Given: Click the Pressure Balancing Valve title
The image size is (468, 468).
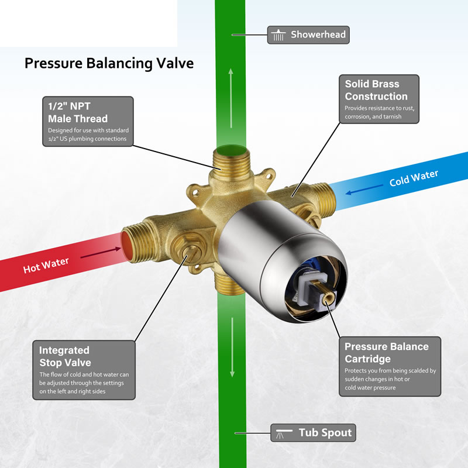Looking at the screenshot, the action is [x=109, y=64].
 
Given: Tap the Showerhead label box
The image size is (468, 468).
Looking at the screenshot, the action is [x=308, y=35].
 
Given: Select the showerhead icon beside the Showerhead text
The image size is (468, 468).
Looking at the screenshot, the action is [x=278, y=35].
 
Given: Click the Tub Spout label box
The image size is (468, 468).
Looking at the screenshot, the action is [x=313, y=432].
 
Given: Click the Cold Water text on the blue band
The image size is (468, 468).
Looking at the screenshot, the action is [x=414, y=178].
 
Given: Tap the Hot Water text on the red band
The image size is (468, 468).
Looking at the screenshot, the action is [x=46, y=266].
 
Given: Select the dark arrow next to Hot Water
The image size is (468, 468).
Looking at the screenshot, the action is [x=101, y=253].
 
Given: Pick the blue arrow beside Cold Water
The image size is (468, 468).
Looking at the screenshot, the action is [x=364, y=190].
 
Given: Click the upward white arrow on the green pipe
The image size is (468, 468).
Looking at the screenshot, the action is [x=230, y=98].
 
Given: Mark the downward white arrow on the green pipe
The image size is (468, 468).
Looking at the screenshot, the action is [x=232, y=347].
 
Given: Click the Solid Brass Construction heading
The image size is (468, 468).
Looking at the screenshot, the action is [x=376, y=90].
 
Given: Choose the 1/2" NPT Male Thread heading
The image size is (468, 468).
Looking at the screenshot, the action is [x=78, y=112].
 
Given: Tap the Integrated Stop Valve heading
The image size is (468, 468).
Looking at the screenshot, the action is [x=65, y=356].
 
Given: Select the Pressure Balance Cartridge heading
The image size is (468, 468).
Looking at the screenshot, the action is [x=387, y=353].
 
